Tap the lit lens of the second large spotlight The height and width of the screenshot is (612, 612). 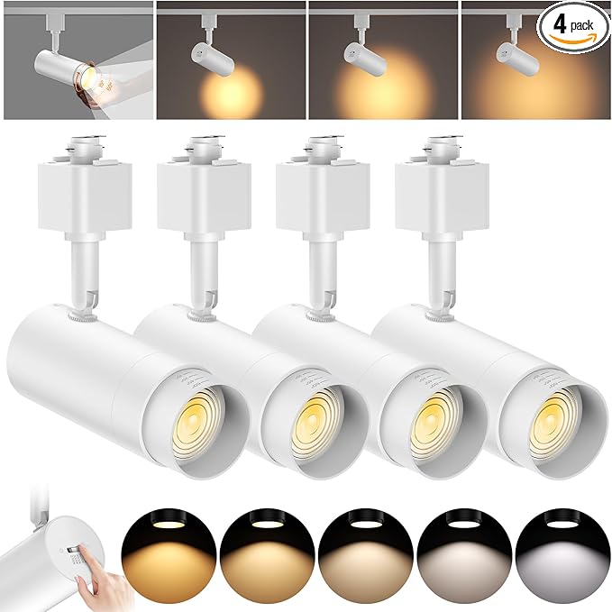pos(312,413)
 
